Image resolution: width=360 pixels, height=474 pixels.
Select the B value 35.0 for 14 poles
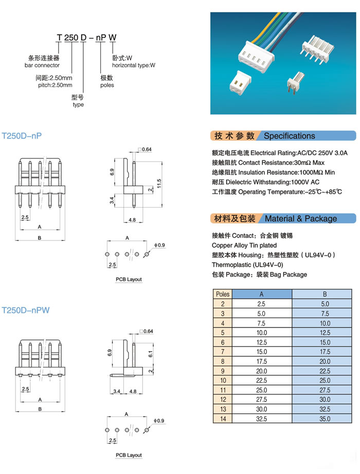tap(325, 419)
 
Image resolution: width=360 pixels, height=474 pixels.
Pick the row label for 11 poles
tap(223, 390)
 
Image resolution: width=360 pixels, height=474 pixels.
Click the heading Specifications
tap(289, 136)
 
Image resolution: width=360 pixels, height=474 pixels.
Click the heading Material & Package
tap(301, 218)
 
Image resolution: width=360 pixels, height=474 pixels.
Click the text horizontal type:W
tap(134, 65)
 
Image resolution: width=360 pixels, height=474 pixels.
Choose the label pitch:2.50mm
tap(55, 85)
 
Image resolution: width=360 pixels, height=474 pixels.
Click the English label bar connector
tap(42, 65)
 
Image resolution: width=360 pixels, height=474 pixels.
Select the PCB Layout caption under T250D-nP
tap(129, 279)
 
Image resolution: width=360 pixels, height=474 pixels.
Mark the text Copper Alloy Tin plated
tap(244, 245)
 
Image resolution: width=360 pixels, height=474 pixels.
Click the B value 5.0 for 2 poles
tap(325, 304)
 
